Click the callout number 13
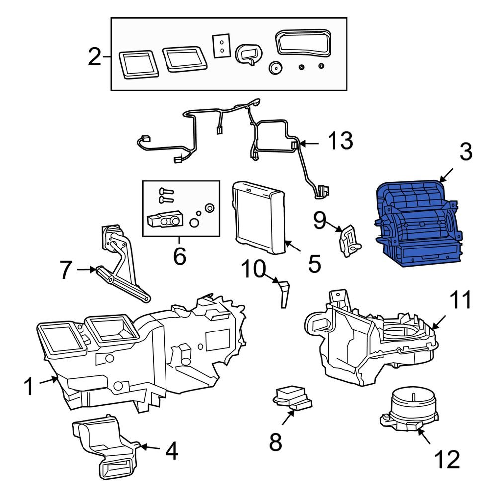(x=340, y=141)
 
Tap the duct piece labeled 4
(x=104, y=445)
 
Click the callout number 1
(x=29, y=386)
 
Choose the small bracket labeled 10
(x=283, y=294)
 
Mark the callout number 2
(x=95, y=59)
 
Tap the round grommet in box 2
(x=274, y=68)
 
